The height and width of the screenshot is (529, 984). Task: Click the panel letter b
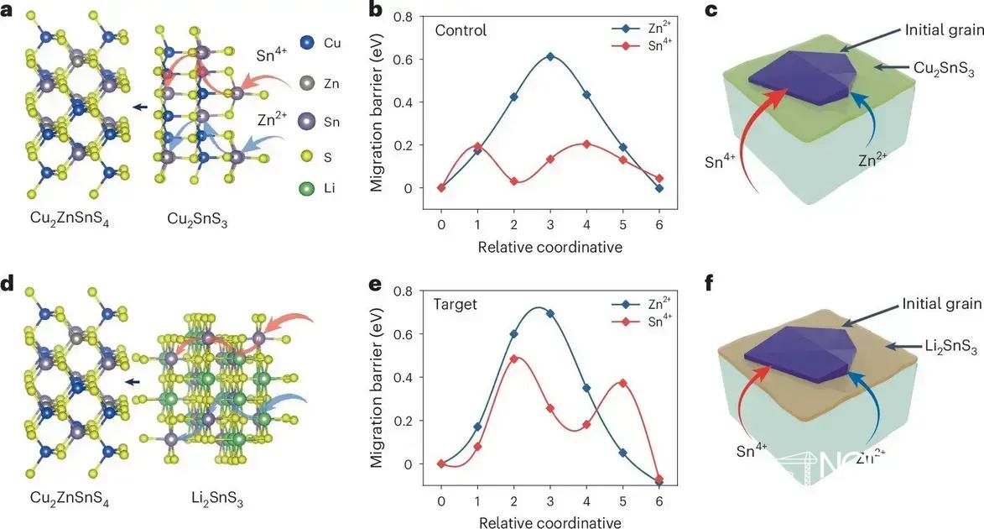point(377,12)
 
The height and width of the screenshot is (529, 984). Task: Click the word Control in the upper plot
point(461,31)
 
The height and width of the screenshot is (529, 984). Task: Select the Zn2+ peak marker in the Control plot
point(550,56)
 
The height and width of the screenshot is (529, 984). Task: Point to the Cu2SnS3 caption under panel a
point(197,220)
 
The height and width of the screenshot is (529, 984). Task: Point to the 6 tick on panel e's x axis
point(659,501)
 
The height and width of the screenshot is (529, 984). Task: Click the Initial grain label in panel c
point(942,30)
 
